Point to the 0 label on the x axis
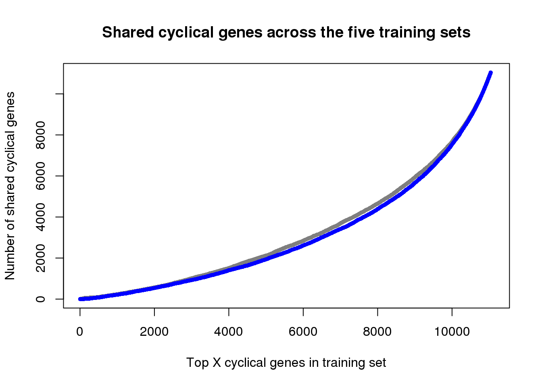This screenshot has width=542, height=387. pyautogui.click(x=80, y=332)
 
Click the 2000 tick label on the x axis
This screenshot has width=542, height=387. pyautogui.click(x=154, y=332)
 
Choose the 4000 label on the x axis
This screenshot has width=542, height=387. pyautogui.click(x=229, y=332)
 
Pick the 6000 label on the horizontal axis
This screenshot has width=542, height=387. pyautogui.click(x=303, y=332)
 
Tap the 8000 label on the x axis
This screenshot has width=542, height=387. pyautogui.click(x=377, y=332)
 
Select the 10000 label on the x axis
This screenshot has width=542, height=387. pyautogui.click(x=452, y=332)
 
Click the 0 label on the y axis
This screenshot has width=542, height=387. pyautogui.click(x=41, y=299)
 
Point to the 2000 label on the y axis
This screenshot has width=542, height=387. pyautogui.click(x=41, y=258)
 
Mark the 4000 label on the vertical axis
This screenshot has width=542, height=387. pyautogui.click(x=41, y=217)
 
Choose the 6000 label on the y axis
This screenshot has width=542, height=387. pyautogui.click(x=41, y=176)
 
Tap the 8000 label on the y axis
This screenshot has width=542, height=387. pyautogui.click(x=41, y=135)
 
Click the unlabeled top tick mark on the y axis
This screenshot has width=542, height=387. pyautogui.click(x=60, y=94)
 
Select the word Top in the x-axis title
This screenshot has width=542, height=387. pyautogui.click(x=197, y=363)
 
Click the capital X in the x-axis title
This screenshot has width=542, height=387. pyautogui.click(x=217, y=363)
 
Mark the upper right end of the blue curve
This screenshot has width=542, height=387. pyautogui.click(x=490, y=73)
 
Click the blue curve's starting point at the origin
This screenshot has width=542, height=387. pyautogui.click(x=80, y=299)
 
